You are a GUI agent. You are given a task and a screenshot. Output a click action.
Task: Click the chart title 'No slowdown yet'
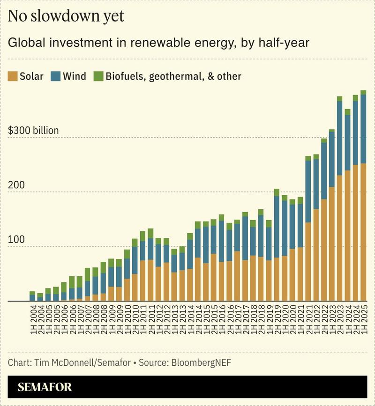66,16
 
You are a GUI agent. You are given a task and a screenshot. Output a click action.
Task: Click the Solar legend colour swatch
13,76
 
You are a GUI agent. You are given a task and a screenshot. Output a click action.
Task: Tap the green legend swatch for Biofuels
98,76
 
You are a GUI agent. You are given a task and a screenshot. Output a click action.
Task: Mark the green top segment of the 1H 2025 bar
363,92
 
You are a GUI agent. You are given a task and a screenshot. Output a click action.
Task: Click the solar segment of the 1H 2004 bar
32,301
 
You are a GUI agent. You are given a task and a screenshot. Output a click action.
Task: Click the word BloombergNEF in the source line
202,362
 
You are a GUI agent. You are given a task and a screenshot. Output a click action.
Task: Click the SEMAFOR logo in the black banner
45,387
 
